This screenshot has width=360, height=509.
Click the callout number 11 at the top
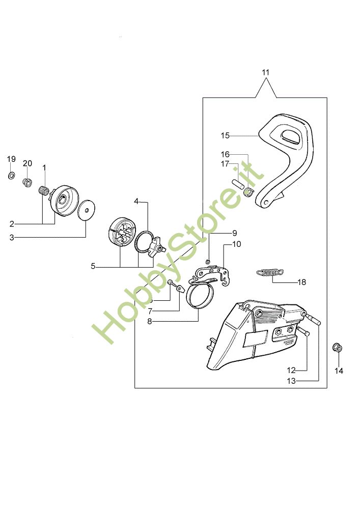265,72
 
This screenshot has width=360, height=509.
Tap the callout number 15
226,135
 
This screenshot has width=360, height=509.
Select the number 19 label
11,159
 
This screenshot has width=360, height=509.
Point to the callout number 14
339,371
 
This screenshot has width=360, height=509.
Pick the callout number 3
12,237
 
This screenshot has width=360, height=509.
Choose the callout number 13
291,380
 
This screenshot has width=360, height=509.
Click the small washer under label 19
11,176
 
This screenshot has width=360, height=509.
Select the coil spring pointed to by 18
270,272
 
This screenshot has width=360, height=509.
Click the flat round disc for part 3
87,209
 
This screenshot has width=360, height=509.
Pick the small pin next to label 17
237,184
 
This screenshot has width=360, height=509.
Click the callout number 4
136,201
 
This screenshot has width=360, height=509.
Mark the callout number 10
236,244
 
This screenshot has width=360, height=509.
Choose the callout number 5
93,266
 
